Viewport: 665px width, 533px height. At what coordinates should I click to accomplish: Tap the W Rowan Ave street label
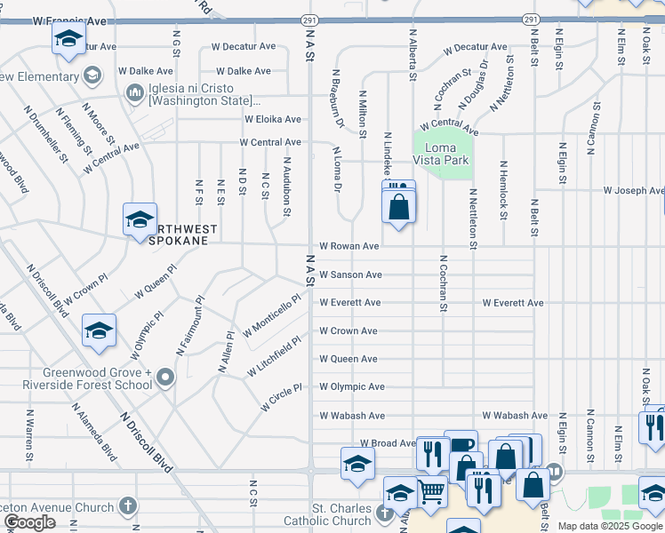click(x=349, y=246)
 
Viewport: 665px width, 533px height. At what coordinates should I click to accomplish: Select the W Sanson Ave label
click(x=351, y=274)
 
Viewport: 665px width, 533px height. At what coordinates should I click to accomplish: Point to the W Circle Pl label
click(x=282, y=397)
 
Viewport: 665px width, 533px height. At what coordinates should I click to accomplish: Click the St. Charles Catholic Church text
click(x=327, y=514)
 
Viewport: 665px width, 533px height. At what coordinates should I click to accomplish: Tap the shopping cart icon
click(x=431, y=489)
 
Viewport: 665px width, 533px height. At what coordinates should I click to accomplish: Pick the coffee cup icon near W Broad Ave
click(x=461, y=445)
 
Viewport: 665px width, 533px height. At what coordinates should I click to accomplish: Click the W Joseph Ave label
click(x=633, y=190)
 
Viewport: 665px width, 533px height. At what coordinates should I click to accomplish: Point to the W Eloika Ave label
click(x=273, y=118)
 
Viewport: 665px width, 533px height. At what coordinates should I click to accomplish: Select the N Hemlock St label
click(x=503, y=190)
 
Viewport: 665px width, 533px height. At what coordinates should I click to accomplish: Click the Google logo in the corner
click(x=30, y=522)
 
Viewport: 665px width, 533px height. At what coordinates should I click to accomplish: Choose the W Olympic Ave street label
click(x=352, y=387)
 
